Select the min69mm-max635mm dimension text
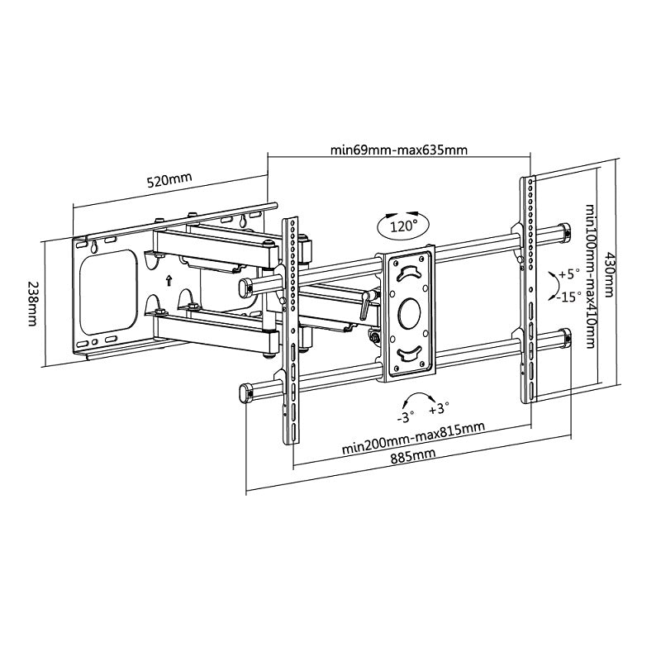click(399, 150)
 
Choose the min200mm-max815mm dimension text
click(413, 439)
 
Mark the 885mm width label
click(412, 455)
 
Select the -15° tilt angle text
click(568, 296)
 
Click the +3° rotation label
click(438, 409)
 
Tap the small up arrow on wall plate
click(169, 279)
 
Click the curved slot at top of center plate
click(408, 273)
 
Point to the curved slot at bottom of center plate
click(409, 354)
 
